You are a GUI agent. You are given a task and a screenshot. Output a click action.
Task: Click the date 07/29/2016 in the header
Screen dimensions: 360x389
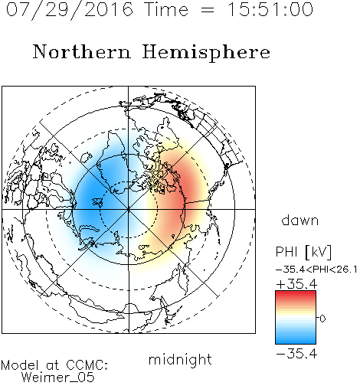pos(70,10)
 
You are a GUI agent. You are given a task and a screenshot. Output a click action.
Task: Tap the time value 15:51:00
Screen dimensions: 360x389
pos(270,9)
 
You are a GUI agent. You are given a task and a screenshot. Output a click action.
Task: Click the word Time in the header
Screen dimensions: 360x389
pos(166,9)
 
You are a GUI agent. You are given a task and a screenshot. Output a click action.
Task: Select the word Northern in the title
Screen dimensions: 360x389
pos(82,51)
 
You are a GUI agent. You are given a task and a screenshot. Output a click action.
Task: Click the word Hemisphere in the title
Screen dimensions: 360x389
pos(206,53)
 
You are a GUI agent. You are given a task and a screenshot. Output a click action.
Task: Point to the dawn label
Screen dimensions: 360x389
pos(300,221)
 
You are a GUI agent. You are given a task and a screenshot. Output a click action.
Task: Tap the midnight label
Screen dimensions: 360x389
pos(180,360)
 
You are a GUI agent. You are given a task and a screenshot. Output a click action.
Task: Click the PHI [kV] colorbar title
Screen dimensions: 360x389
pos(303,252)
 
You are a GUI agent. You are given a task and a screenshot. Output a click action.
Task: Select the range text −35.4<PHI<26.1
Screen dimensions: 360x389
pos(316,270)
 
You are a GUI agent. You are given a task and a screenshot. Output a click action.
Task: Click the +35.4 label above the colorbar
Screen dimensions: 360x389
pos(296,284)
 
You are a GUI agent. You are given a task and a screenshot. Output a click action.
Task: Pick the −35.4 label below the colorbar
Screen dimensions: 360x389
pos(296,354)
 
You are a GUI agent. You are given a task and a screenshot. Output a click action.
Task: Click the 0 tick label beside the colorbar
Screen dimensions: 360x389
pos(322,319)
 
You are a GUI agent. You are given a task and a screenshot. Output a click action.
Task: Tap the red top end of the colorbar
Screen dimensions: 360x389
pos(296,293)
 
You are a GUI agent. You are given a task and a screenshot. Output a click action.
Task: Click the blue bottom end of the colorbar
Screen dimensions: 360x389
pos(296,342)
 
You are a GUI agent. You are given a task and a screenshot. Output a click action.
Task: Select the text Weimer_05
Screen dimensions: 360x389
pos(58,378)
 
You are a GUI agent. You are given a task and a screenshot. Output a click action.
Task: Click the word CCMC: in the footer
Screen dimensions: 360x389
pos(87,365)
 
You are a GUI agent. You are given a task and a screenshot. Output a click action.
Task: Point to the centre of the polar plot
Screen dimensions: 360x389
pos(129,209)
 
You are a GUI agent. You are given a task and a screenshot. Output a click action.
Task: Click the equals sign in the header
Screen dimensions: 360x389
pos(208,10)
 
